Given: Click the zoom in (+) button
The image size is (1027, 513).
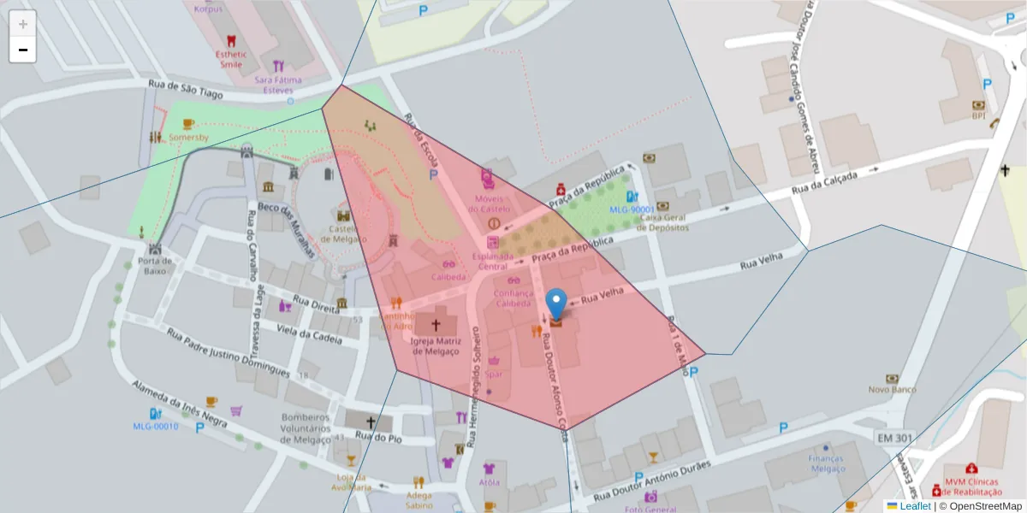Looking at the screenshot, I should click(22, 24).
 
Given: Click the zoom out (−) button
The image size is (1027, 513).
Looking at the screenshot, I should click(22, 50).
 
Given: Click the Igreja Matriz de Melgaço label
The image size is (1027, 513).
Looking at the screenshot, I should click(436, 346).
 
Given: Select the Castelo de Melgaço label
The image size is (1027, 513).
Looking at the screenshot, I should click(344, 234).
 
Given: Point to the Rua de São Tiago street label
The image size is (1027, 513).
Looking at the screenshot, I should click(185, 85).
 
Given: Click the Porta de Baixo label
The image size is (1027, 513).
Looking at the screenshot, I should click(155, 265).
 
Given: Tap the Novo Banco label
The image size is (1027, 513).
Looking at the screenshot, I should click(893, 390).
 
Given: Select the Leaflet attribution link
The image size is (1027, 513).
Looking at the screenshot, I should click(914, 506).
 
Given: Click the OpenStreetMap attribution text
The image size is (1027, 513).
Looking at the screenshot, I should click(980, 506).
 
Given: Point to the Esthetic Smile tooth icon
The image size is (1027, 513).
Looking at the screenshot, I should click(230, 40).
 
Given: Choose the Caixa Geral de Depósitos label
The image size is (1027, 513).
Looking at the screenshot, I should click(663, 222).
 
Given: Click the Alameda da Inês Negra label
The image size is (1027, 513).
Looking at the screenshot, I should click(179, 404).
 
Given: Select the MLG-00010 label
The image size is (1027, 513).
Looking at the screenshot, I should click(156, 426).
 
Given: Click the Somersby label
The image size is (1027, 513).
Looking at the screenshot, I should click(188, 137).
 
